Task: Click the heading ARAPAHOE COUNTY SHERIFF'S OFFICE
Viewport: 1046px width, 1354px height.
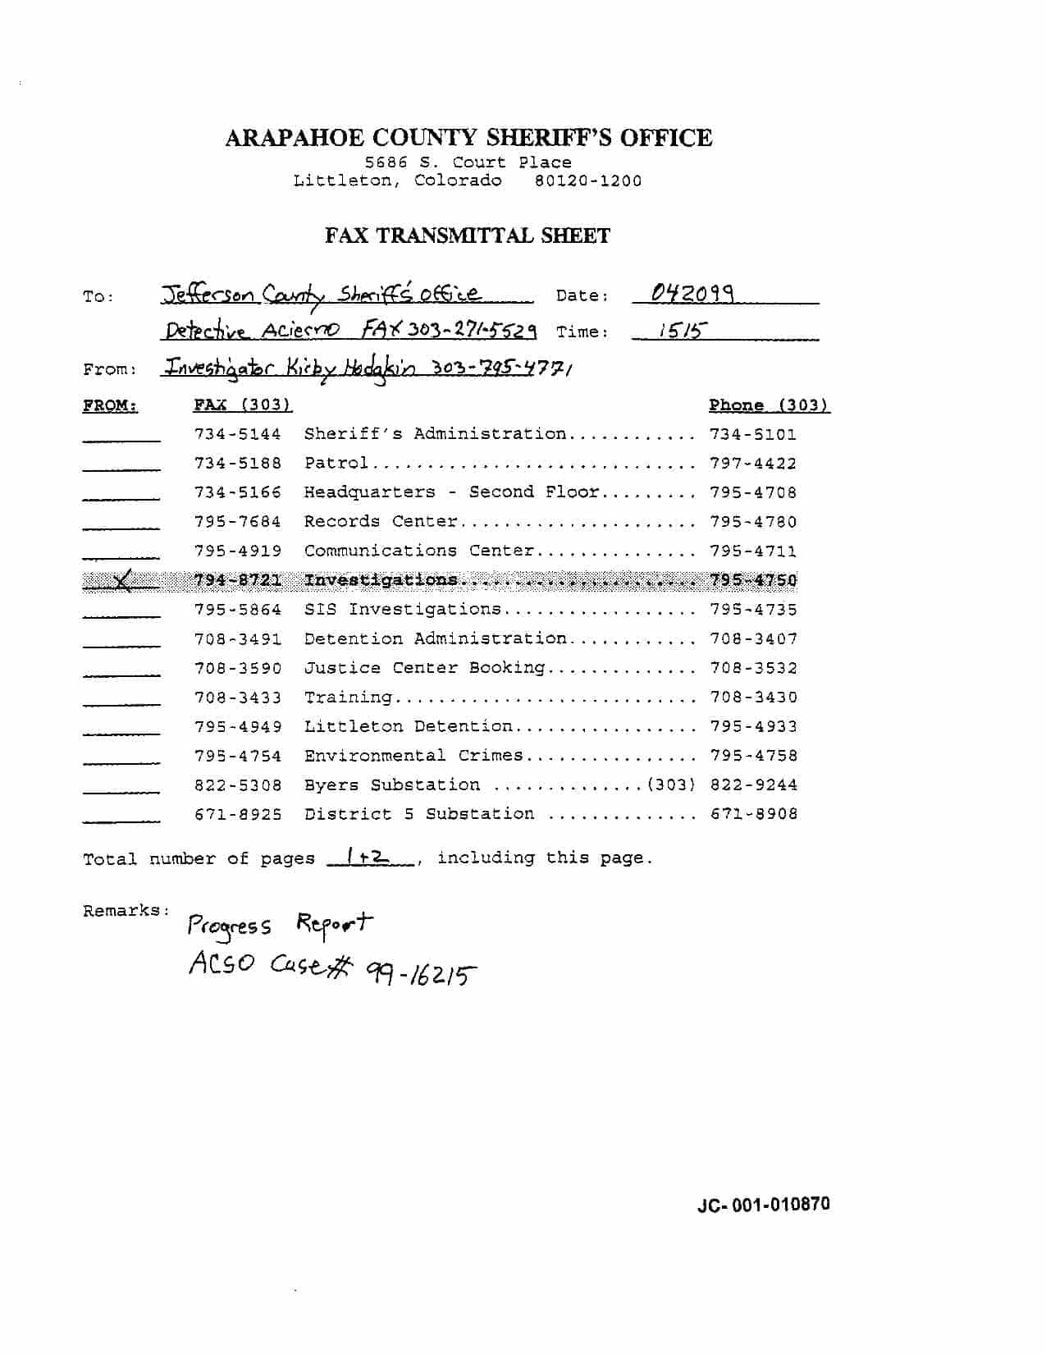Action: pos(468,138)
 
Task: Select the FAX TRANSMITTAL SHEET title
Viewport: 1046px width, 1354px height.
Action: pos(468,236)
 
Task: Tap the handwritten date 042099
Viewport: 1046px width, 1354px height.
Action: pos(692,293)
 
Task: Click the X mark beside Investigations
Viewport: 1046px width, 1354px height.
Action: pos(121,581)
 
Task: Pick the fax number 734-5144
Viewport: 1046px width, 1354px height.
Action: pos(238,434)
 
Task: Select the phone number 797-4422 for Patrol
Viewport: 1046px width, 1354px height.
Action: pos(753,464)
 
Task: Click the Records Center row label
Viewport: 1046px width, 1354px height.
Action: pos(381,522)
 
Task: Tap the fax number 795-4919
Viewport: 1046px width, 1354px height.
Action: pos(238,551)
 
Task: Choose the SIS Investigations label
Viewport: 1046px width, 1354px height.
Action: pos(402,610)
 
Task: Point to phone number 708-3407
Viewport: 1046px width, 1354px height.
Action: pos(753,638)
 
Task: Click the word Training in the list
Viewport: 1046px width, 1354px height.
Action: pos(348,698)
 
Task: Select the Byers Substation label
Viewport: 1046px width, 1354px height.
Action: pos(392,785)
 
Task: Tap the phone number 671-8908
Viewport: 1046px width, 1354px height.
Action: pos(753,814)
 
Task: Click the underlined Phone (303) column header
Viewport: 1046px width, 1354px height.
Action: pos(769,405)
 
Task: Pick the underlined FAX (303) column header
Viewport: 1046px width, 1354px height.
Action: pos(243,405)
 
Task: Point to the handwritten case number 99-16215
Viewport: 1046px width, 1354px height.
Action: pos(423,974)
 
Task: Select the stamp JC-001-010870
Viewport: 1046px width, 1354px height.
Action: pos(763,1205)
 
